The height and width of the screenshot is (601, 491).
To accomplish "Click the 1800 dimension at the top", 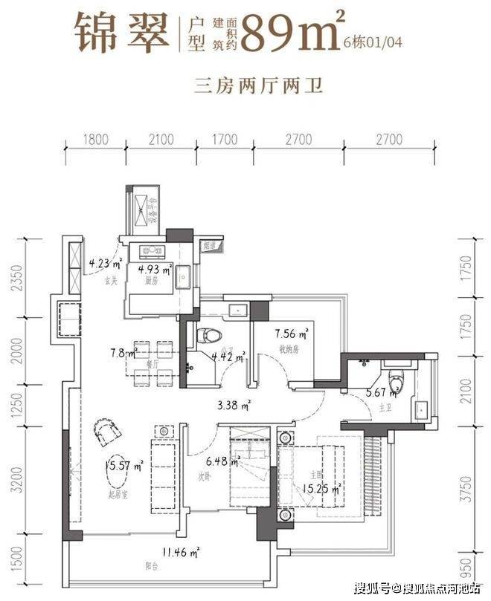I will (95, 139).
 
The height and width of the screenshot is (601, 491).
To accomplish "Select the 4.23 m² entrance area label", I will (101, 261).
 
